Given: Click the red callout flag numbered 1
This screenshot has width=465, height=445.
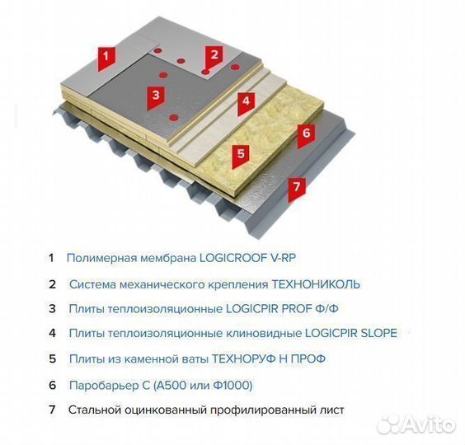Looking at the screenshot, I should tap(106, 57).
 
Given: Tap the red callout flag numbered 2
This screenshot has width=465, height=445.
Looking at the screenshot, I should tap(214, 56).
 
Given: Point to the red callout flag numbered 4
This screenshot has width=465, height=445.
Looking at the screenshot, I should tap(245, 102).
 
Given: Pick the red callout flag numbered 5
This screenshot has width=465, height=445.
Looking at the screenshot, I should tap(240, 153).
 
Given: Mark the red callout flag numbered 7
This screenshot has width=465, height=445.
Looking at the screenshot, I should tap(298, 186).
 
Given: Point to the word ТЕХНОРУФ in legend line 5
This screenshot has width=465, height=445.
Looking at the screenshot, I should tap(245, 359).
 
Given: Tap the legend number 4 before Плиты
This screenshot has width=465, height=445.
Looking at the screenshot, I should tap(52, 333).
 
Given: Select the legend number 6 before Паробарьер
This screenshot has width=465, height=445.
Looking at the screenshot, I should tap(52, 385).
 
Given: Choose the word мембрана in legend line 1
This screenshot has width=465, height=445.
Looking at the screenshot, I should tap(165, 258).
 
